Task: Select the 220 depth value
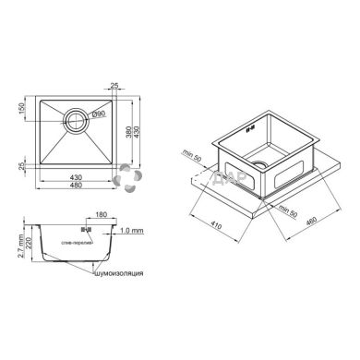[x=25, y=246]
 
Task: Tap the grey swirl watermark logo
[x=128, y=181]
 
